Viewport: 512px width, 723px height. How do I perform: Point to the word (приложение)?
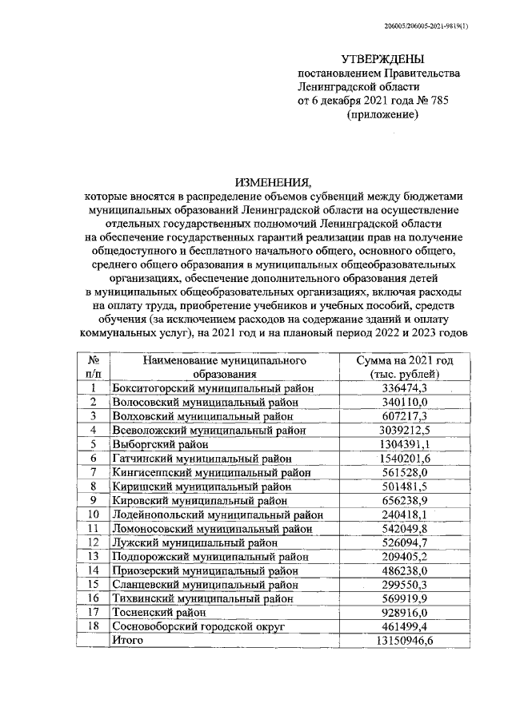click(x=383, y=117)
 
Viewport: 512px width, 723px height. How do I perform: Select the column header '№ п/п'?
click(x=93, y=366)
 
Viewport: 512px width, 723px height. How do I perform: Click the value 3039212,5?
click(x=405, y=430)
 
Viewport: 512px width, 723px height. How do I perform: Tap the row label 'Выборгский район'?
click(x=161, y=444)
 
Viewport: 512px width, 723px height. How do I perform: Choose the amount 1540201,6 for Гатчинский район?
click(x=405, y=458)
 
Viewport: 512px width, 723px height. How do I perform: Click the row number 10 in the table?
click(x=93, y=514)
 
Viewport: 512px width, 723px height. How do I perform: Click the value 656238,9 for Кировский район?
click(x=405, y=500)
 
